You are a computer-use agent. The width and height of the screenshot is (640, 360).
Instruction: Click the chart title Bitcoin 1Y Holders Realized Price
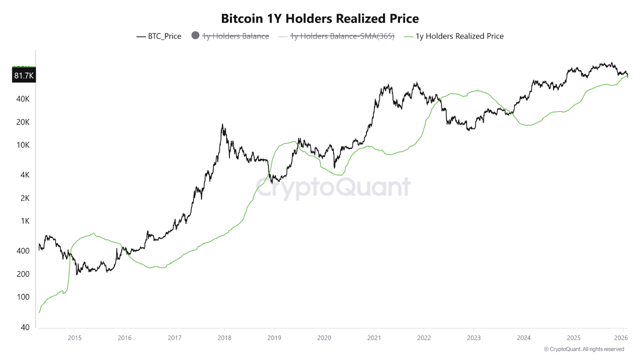(320, 18)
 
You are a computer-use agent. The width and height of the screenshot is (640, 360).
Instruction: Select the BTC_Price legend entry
(159, 36)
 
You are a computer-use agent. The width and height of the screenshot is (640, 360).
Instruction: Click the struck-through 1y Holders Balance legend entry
(235, 36)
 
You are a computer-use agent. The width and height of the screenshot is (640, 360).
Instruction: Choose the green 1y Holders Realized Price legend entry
(459, 36)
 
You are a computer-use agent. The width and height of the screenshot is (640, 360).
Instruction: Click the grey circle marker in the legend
(195, 36)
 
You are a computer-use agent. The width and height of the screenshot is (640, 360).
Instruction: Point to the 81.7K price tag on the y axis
(23, 75)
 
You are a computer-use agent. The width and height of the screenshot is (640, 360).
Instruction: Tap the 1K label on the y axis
(25, 221)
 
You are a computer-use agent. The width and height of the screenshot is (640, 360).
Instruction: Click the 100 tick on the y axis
(23, 297)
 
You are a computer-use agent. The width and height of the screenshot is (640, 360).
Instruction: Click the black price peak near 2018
(222, 124)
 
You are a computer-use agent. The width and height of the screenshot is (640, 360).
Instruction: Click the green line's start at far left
(39, 312)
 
